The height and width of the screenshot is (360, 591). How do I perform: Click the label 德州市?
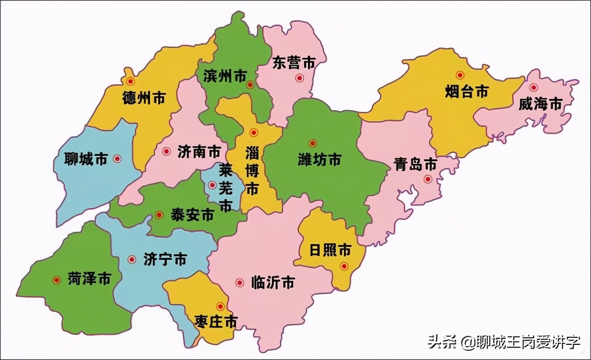point(144,98)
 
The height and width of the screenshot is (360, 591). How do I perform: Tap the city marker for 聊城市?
point(117,158)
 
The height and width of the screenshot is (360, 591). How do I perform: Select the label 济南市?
point(199,151)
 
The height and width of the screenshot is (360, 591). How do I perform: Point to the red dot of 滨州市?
point(250,84)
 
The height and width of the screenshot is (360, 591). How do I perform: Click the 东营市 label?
point(294,63)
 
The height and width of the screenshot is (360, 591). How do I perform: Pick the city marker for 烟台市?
point(460,75)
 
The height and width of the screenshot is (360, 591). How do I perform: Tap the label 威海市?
point(540,104)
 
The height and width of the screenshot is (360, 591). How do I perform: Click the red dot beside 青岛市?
point(428,179)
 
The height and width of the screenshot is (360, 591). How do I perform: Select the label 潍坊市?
point(320,160)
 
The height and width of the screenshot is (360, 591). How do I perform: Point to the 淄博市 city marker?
point(253,132)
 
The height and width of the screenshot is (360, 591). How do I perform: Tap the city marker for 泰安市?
point(159,215)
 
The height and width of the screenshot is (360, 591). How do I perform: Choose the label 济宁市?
point(165,259)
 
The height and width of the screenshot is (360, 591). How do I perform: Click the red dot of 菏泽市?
point(57,280)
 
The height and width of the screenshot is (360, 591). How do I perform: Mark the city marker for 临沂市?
point(240,282)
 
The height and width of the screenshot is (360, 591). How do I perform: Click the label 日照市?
point(330,250)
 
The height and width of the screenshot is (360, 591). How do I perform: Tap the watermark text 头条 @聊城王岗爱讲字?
point(504,342)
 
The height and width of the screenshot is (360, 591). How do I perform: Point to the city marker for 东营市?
point(300,78)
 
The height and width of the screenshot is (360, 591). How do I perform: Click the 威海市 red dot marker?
point(534,87)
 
